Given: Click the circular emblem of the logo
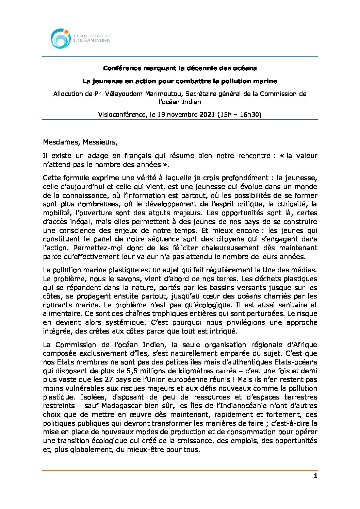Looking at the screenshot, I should click(x=61, y=38).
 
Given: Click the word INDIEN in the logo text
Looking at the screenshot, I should click(x=102, y=40).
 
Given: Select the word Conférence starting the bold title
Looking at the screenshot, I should click(x=122, y=68).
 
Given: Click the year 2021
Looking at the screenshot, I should click(x=207, y=115).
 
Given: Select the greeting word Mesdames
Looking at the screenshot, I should click(x=61, y=142).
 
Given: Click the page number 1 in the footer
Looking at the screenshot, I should click(x=315, y=476).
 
